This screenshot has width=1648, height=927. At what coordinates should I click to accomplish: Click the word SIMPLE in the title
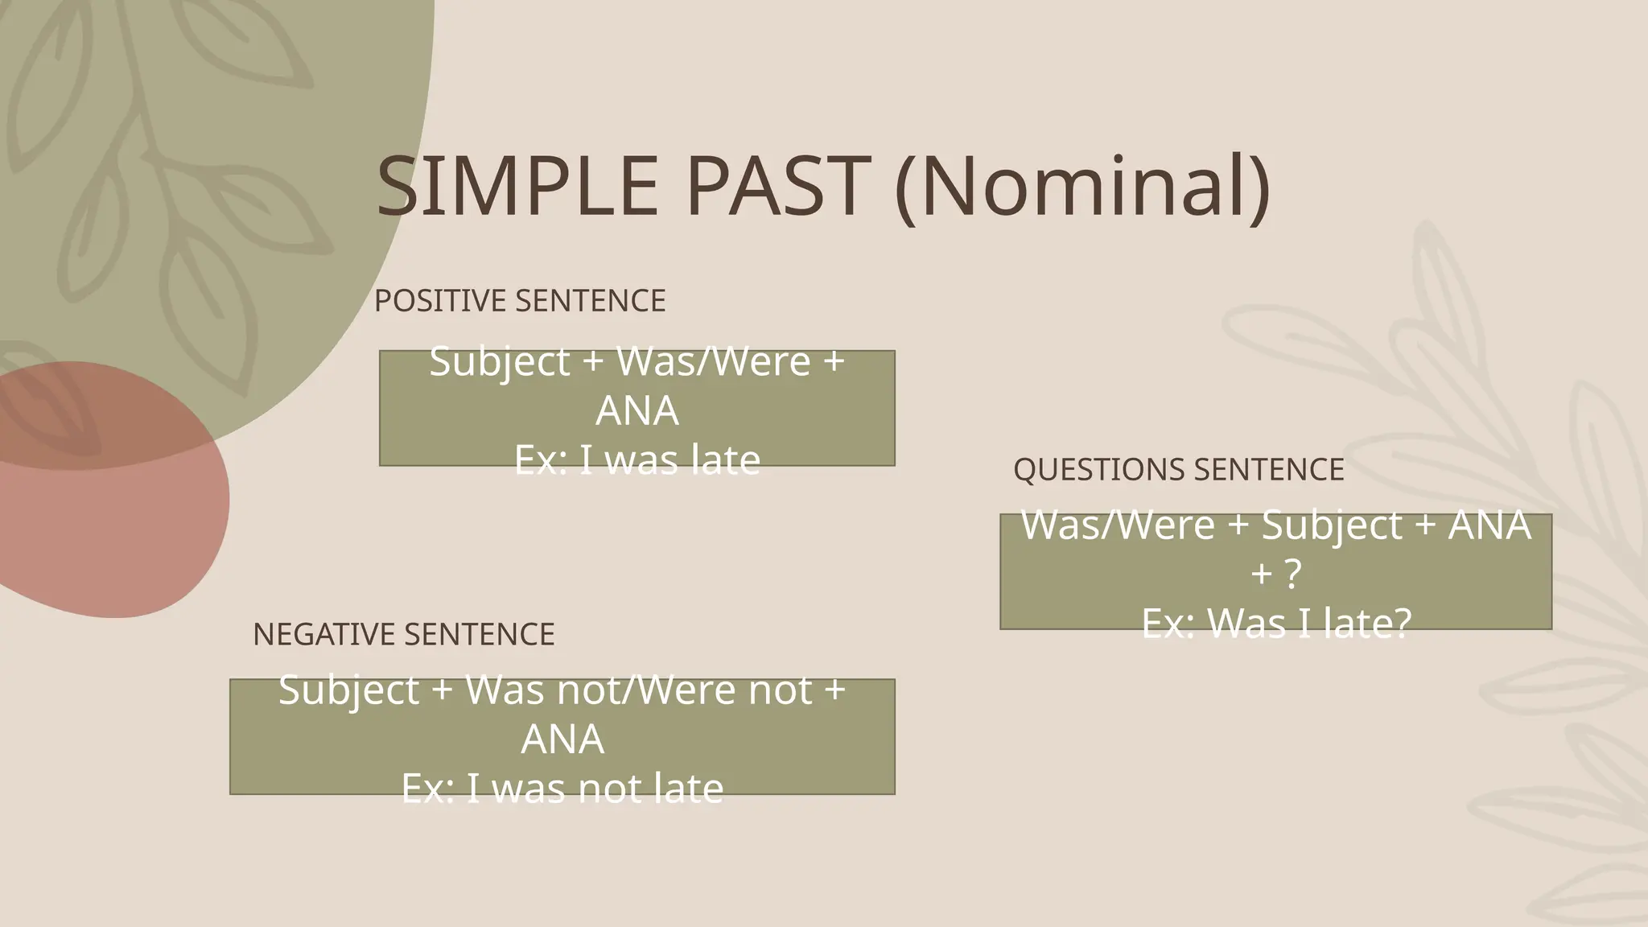(x=517, y=187)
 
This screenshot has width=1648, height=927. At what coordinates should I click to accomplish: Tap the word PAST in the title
(x=777, y=187)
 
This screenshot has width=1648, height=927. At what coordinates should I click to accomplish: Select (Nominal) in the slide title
(x=1082, y=187)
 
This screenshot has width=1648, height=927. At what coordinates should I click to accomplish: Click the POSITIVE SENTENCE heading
(x=520, y=301)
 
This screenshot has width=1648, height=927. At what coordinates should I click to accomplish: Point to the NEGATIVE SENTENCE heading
(x=403, y=635)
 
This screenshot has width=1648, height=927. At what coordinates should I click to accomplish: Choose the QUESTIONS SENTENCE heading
(x=1178, y=470)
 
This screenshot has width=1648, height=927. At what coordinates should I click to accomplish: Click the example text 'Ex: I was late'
(x=637, y=460)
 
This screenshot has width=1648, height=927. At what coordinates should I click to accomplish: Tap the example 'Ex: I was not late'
(x=562, y=789)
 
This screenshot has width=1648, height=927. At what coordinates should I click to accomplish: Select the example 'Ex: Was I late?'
(x=1275, y=624)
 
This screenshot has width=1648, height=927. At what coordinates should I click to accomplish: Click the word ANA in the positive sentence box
(x=637, y=411)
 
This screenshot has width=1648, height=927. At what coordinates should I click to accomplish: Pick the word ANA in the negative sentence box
(x=562, y=740)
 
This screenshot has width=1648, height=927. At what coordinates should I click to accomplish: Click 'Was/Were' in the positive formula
(x=713, y=361)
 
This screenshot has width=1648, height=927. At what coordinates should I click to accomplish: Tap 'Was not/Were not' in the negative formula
(x=639, y=690)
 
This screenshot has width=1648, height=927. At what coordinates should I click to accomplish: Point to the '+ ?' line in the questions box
(x=1275, y=575)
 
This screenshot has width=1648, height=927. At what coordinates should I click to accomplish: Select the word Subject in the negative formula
(x=348, y=690)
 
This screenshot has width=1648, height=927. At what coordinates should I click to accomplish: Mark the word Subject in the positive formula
(x=500, y=361)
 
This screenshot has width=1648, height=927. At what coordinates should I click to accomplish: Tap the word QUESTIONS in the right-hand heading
(x=1098, y=470)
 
